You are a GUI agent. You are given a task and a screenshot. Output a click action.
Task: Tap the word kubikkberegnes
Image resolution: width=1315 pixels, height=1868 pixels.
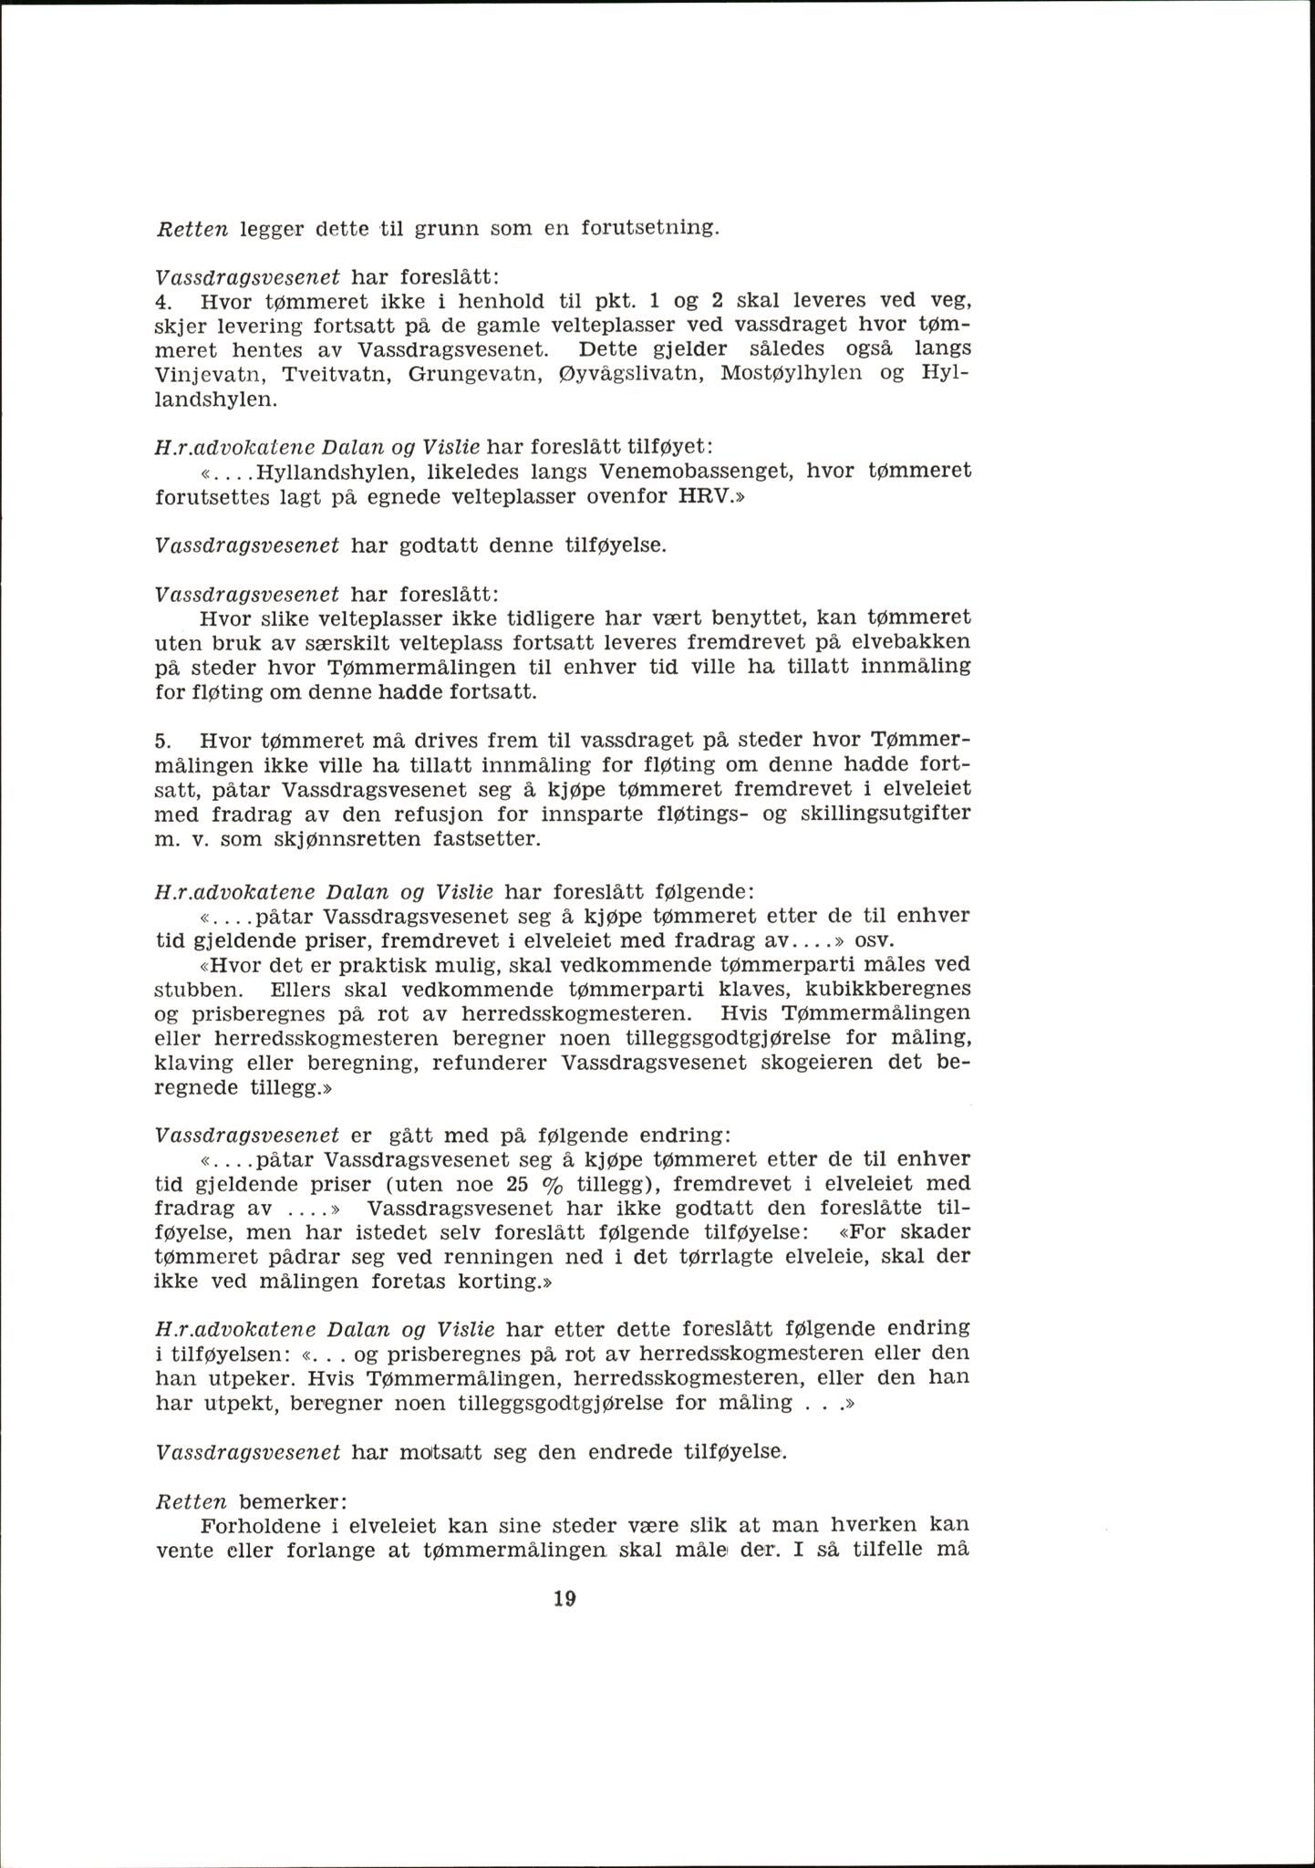coord(879,989)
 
